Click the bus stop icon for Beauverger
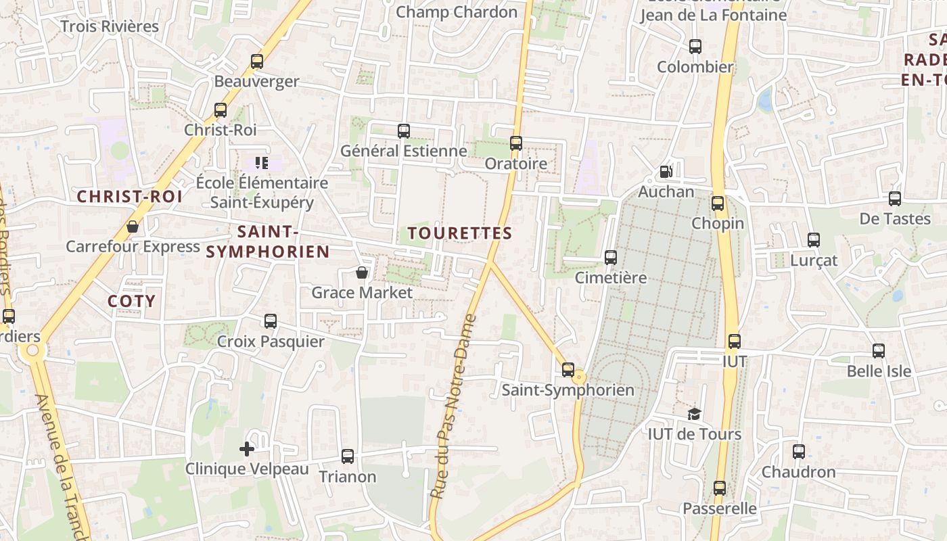[x=257, y=62]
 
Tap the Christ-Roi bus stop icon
[x=221, y=110]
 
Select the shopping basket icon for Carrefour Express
[x=133, y=227]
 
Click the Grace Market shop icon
[x=362, y=273]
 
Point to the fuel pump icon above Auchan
[x=666, y=172]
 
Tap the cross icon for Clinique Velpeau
[x=247, y=448]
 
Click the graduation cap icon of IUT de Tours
[x=694, y=414]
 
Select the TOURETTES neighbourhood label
[x=460, y=233]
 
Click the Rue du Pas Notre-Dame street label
[x=453, y=406]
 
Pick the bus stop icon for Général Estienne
[x=404, y=131]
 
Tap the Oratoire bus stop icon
[x=516, y=143]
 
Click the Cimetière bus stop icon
[x=611, y=258]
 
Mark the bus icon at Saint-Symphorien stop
[x=568, y=370]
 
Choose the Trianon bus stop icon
[x=348, y=456]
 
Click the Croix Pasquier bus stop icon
[x=271, y=321]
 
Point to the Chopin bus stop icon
[x=718, y=203]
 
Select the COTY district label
[x=131, y=301]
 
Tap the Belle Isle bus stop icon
[x=879, y=351]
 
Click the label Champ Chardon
[x=457, y=11]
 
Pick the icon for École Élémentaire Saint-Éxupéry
[x=262, y=162]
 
